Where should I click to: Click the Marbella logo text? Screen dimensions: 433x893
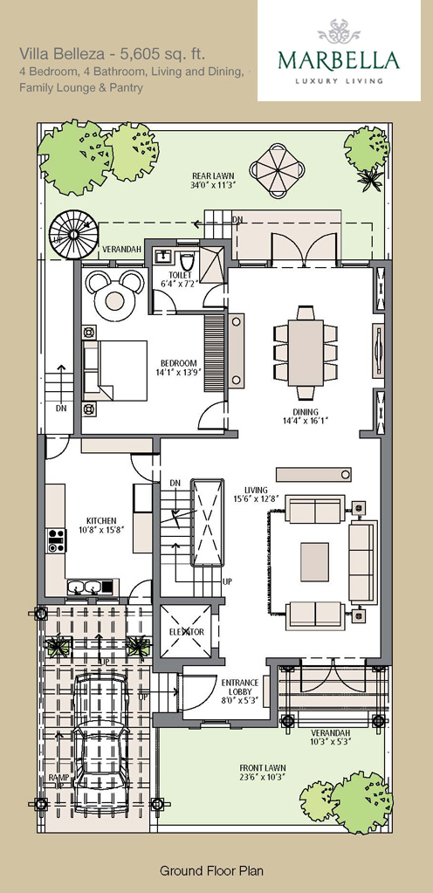[339, 60]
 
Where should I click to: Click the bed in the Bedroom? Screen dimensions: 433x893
[115, 370]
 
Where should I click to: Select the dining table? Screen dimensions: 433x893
[306, 354]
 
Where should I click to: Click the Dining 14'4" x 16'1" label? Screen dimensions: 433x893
[306, 416]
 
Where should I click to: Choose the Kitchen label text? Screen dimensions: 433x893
[101, 525]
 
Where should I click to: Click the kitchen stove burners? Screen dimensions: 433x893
[56, 539]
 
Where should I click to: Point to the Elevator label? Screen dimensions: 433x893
[186, 632]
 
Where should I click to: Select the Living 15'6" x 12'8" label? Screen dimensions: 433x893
[256, 494]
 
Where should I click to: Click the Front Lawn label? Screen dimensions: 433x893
[262, 773]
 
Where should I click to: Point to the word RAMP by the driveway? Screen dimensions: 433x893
[58, 777]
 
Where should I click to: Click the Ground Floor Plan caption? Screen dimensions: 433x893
[211, 870]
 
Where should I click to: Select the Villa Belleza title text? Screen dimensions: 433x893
[113, 54]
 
